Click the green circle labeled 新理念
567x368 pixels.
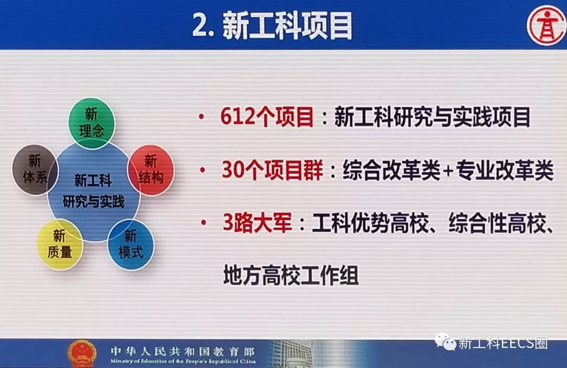92,123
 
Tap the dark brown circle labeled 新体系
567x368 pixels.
35,170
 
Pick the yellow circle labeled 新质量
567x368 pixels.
60,244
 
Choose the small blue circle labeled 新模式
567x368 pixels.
131,244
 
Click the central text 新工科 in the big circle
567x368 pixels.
93,180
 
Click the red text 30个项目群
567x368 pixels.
272,170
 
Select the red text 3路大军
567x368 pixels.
257,222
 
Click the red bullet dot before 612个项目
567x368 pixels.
202,117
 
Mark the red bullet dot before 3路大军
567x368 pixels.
204,222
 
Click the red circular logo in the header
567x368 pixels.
547,25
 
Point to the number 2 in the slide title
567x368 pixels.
200,25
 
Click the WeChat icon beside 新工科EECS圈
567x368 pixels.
446,342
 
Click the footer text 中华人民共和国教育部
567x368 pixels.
183,351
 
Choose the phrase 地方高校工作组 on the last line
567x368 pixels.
291,275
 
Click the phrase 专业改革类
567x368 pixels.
505,170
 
